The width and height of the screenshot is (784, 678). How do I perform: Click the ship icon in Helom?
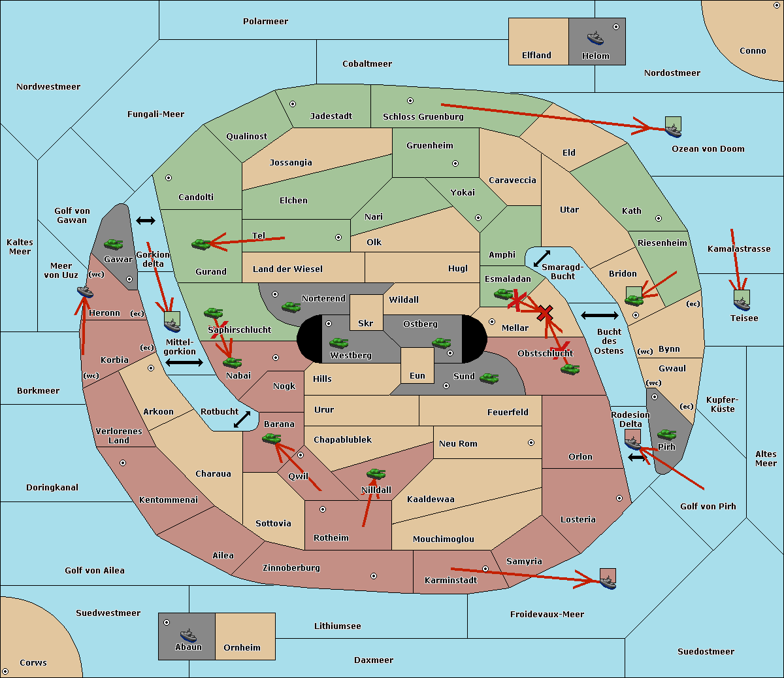point(595,38)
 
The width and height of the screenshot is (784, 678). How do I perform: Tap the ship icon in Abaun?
point(188,635)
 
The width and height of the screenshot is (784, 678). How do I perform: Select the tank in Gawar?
point(114,244)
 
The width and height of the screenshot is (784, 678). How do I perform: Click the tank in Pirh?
point(666,434)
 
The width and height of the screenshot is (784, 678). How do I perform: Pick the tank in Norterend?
point(291,307)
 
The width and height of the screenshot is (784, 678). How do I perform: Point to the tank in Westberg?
point(338,343)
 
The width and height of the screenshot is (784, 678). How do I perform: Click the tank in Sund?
point(489,379)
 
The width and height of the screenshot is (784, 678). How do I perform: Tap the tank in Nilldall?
point(376,474)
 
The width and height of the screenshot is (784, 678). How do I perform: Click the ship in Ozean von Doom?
point(673,130)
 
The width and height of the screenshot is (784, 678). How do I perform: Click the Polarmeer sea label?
point(265,22)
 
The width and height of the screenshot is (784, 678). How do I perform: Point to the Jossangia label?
point(291,163)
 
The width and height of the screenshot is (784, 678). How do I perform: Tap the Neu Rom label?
point(458,443)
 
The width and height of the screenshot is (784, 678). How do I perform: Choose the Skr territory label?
point(366,323)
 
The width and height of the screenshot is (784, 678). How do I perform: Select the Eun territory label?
point(417,375)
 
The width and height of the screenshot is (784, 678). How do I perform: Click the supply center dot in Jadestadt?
point(293,104)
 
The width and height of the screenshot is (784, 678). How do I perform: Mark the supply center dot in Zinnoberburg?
point(374,576)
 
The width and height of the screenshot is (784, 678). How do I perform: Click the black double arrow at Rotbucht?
point(242,420)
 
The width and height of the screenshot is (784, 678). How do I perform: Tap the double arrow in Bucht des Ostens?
point(600,315)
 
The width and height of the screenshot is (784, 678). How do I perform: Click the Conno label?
point(753,50)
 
